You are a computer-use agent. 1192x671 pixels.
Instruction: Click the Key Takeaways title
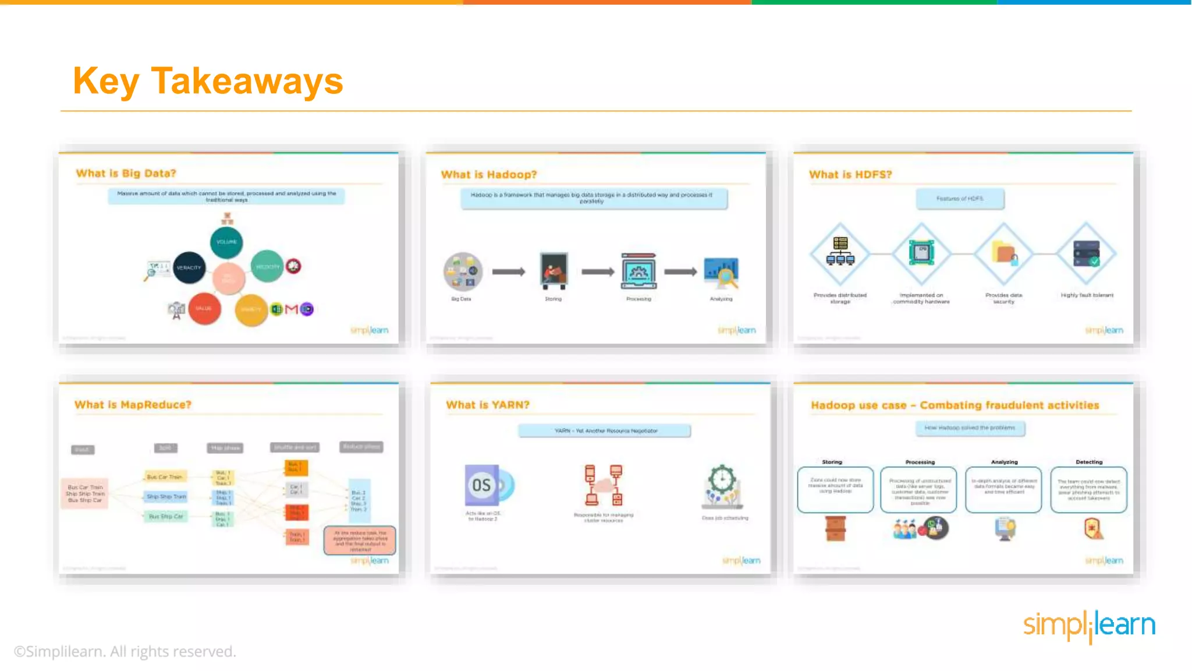click(208, 81)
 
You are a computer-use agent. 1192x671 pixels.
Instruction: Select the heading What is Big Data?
click(126, 173)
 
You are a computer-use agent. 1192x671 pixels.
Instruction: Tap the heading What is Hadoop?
click(489, 174)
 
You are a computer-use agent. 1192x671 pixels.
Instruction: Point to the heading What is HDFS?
click(850, 174)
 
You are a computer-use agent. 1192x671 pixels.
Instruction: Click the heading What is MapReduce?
click(133, 404)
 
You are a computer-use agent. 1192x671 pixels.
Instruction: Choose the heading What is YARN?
click(488, 404)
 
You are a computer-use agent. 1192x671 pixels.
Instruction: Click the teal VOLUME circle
click(226, 242)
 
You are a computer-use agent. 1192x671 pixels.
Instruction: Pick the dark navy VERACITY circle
click(189, 267)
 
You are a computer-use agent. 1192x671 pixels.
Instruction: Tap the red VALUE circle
click(204, 308)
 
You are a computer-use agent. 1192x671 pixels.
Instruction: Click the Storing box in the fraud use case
click(835, 489)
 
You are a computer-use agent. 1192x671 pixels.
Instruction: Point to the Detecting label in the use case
click(1088, 462)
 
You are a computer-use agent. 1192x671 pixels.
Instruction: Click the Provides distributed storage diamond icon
click(840, 253)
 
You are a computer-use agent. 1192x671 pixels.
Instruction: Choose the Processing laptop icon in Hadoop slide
click(638, 271)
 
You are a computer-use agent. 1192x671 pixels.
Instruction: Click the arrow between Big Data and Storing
click(509, 271)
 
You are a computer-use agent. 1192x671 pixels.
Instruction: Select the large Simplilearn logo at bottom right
click(1089, 626)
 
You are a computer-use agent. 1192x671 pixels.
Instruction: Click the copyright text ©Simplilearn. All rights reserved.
click(125, 651)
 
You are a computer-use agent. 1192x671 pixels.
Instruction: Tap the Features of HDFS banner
click(960, 199)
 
